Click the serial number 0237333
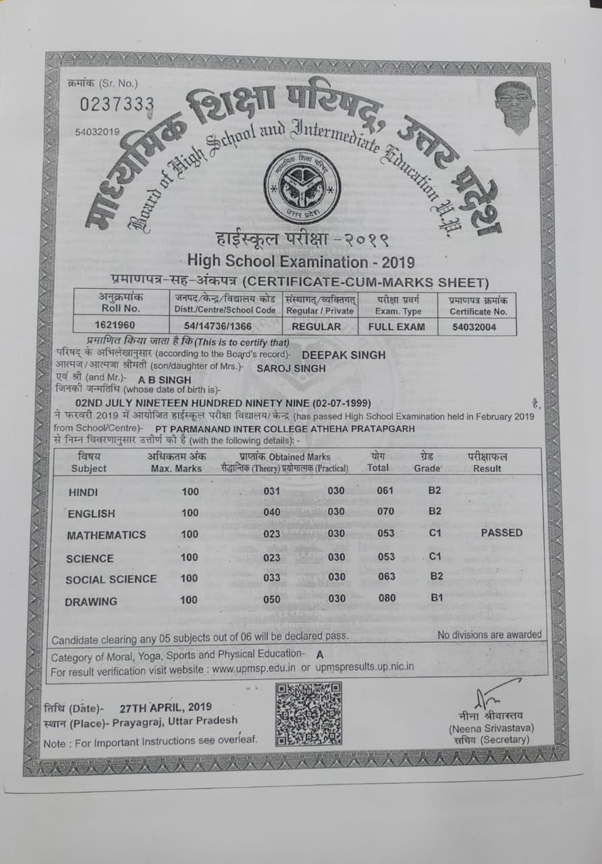(117, 104)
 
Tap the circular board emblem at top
(302, 187)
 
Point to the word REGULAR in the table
(316, 327)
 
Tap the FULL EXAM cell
(397, 327)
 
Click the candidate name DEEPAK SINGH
(344, 355)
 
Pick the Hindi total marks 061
(385, 491)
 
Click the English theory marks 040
(272, 512)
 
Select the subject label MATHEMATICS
(106, 535)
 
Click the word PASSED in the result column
(501, 533)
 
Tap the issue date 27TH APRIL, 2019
(165, 707)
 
